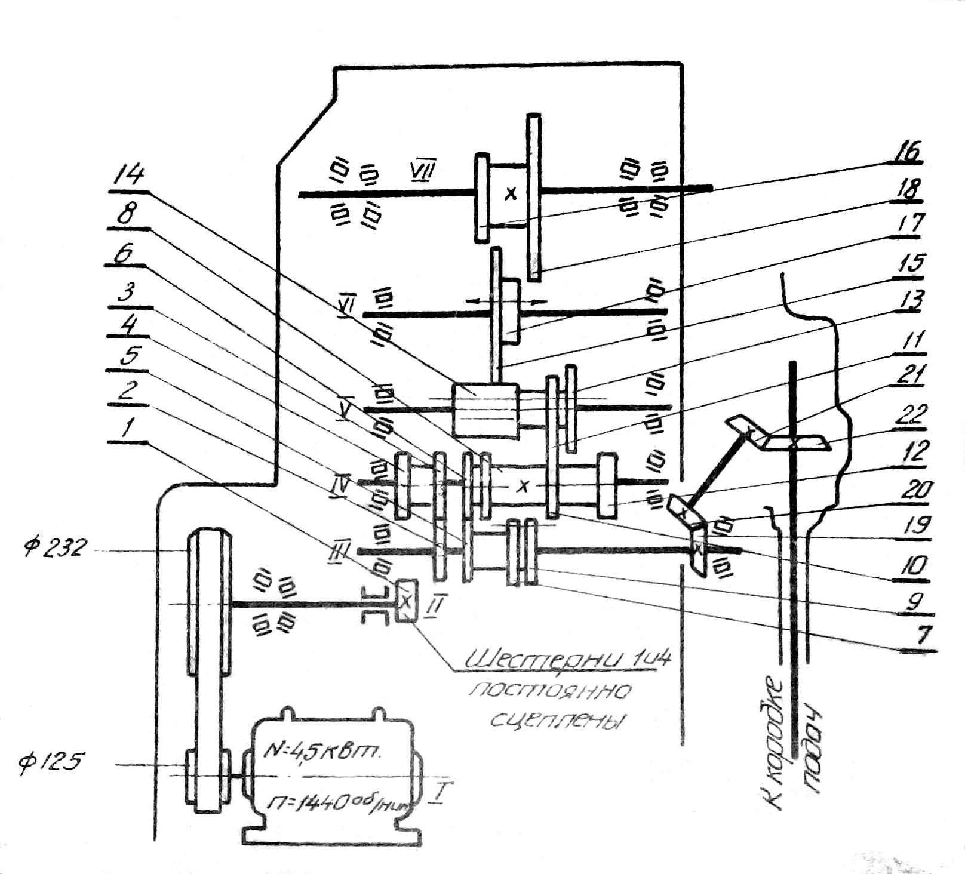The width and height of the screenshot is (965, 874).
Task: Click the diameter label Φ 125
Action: pyautogui.click(x=51, y=762)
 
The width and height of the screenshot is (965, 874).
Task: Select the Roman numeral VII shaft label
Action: pyautogui.click(x=423, y=170)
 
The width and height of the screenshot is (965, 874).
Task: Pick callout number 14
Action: pyautogui.click(x=128, y=175)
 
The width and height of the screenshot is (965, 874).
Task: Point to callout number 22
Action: pyautogui.click(x=911, y=414)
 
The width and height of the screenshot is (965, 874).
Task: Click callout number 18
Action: pyautogui.click(x=908, y=189)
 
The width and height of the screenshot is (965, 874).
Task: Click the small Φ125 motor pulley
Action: pyautogui.click(x=207, y=779)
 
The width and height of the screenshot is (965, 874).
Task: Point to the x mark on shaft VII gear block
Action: pyautogui.click(x=510, y=193)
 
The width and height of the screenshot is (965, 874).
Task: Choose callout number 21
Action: pyautogui.click(x=911, y=376)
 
